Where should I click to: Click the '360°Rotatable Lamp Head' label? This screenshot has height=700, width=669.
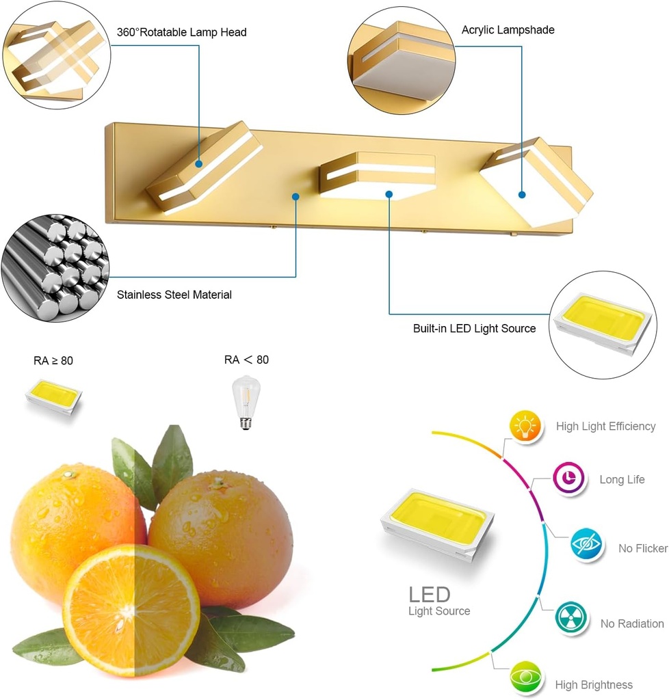tap(181, 32)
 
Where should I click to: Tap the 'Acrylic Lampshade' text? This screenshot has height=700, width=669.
tap(508, 30)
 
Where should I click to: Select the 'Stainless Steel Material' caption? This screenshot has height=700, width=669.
tap(174, 295)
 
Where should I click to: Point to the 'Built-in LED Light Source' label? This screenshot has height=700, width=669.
tap(474, 329)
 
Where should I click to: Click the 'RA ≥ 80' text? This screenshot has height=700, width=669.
tap(53, 361)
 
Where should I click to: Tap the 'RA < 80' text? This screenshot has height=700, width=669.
tap(246, 360)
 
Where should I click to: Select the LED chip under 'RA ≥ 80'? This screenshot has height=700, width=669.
tap(53, 397)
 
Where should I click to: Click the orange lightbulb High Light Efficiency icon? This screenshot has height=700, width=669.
tap(525, 426)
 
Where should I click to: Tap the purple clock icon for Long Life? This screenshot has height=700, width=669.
tap(568, 478)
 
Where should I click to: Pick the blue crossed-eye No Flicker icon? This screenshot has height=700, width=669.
tap(586, 544)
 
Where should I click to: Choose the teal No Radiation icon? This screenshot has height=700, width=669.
tap(570, 617)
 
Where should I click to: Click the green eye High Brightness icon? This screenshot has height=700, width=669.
tap(525, 677)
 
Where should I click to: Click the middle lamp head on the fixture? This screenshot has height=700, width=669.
tap(378, 175)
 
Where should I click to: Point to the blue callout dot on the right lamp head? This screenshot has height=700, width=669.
tap(522, 195)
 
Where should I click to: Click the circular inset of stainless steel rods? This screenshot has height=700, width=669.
tap(55, 268)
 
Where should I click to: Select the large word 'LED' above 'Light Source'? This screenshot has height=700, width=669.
tap(430, 595)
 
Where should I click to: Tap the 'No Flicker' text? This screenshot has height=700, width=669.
tap(643, 548)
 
